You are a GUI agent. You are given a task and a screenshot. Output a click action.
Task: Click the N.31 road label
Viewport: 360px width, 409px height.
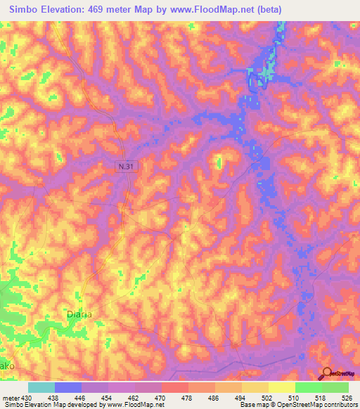point(124,164)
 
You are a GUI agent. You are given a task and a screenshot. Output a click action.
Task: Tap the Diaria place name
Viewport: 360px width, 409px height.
point(79,314)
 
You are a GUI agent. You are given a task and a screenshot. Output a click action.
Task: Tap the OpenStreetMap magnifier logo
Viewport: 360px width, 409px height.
point(328,374)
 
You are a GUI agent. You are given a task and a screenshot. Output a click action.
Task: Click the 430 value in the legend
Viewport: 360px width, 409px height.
point(27,397)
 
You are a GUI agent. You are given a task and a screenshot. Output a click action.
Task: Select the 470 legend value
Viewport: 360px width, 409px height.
point(160,397)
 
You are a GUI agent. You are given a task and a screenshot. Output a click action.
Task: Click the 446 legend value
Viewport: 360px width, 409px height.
point(81,397)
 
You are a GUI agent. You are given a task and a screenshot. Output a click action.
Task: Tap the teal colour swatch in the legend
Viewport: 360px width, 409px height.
point(41,387)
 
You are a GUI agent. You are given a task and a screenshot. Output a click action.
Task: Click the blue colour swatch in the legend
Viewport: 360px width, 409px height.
point(67,387)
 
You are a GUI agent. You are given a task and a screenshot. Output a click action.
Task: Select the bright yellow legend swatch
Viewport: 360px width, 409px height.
point(281,387)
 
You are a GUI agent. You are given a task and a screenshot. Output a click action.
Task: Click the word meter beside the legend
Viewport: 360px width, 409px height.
point(10,397)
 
